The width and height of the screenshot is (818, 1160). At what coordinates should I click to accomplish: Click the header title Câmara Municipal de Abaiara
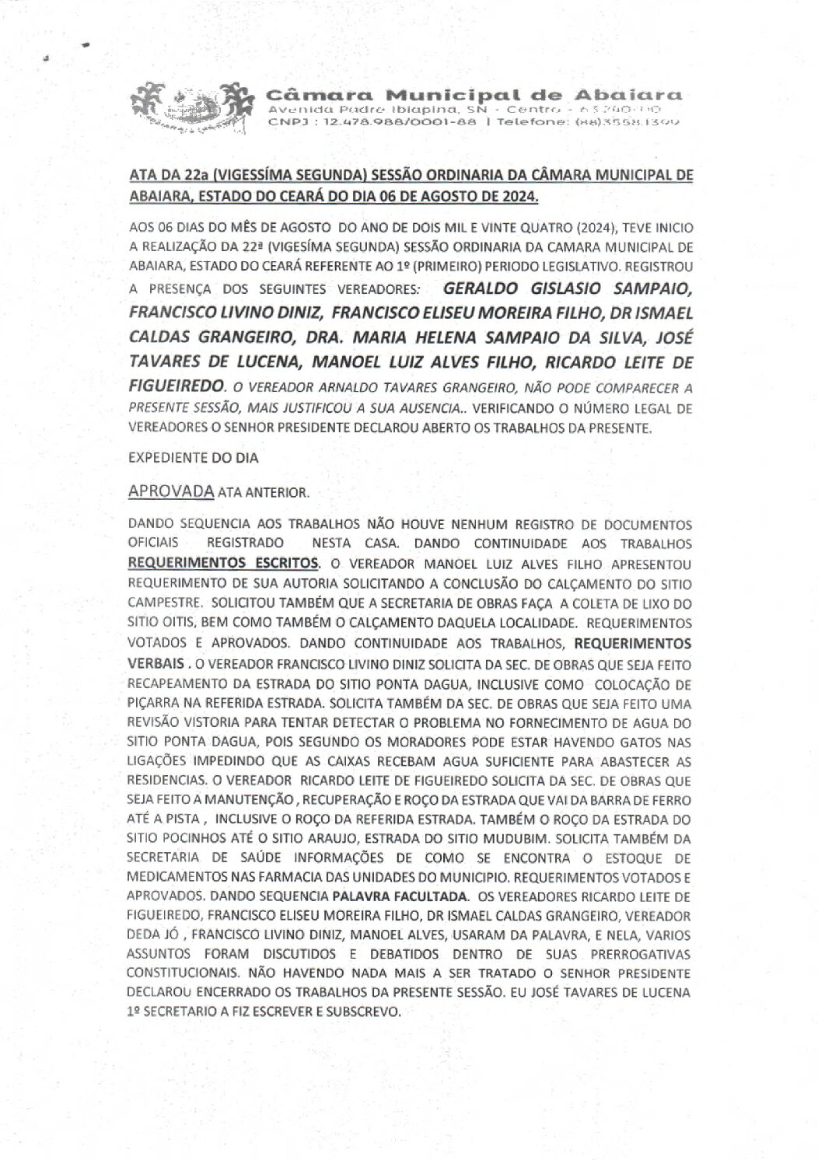pyautogui.click(x=474, y=95)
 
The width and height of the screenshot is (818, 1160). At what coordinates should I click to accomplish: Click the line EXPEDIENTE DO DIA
pyautogui.click(x=193, y=459)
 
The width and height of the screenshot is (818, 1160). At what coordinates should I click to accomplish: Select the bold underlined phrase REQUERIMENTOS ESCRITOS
pyautogui.click(x=222, y=561)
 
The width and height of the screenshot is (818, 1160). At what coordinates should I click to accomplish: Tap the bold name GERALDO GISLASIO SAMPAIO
pyautogui.click(x=566, y=290)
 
